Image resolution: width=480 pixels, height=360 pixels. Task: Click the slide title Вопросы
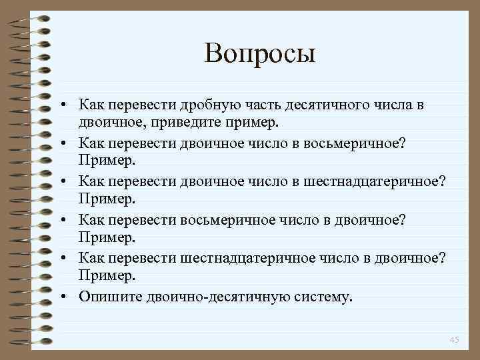259,53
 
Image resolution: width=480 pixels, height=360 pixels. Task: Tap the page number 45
455,341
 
